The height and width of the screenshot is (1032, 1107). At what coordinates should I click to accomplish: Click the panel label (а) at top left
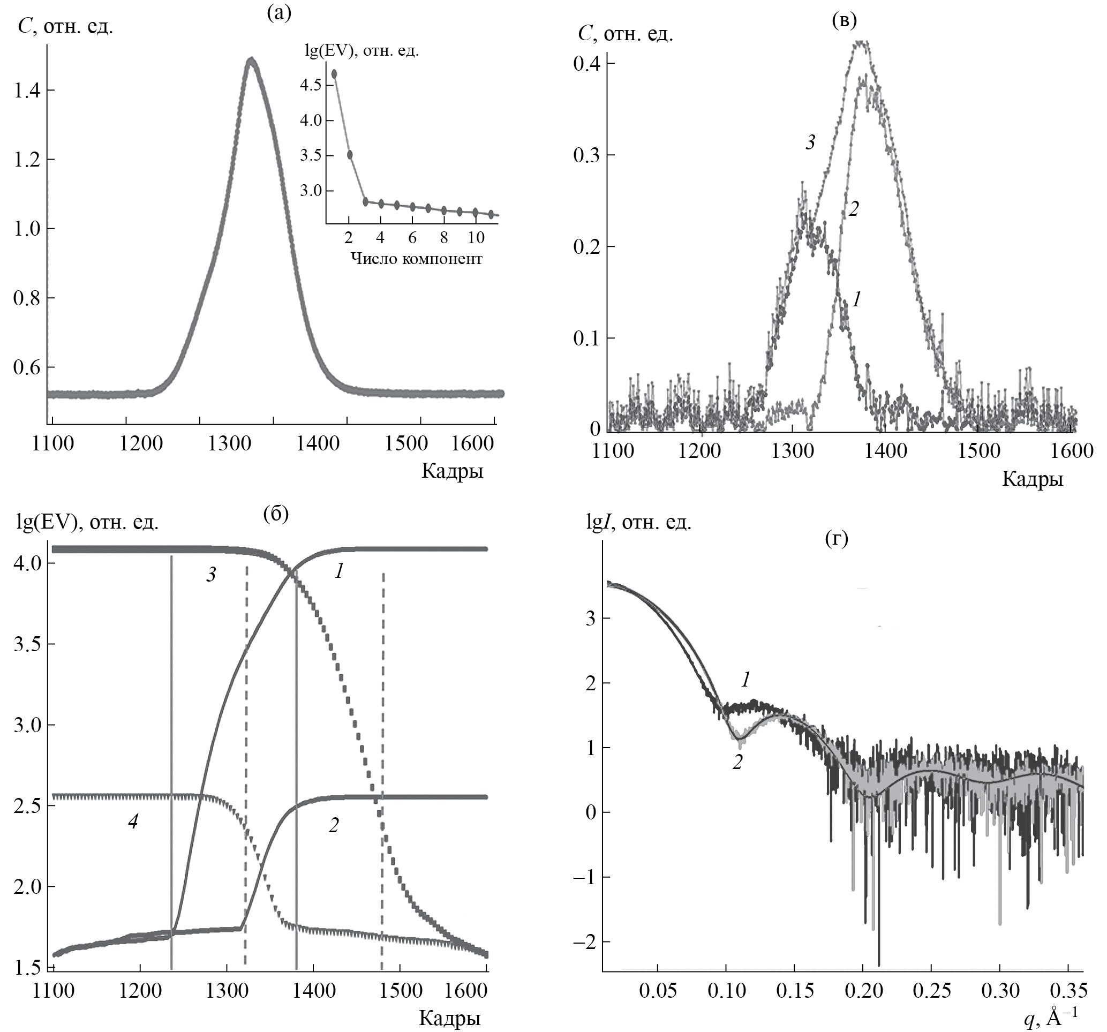point(279,13)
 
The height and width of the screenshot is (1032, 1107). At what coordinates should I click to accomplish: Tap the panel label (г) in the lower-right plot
point(836,539)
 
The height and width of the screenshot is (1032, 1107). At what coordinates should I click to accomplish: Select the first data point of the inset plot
point(334,73)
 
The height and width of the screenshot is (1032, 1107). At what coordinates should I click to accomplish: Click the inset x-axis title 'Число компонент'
point(417,259)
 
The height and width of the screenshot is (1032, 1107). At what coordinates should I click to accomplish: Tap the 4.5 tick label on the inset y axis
point(311,85)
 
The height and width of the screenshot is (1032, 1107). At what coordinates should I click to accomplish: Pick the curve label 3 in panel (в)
point(810,142)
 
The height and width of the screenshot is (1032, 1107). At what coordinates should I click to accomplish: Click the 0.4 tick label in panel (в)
point(586,64)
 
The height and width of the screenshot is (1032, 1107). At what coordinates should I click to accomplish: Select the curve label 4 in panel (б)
point(132,821)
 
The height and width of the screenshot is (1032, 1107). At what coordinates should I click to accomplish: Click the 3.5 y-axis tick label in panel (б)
point(27,644)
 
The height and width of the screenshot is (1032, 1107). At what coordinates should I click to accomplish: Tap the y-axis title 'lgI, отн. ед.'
point(639,522)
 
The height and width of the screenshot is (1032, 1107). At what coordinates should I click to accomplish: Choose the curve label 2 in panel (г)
point(737,762)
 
